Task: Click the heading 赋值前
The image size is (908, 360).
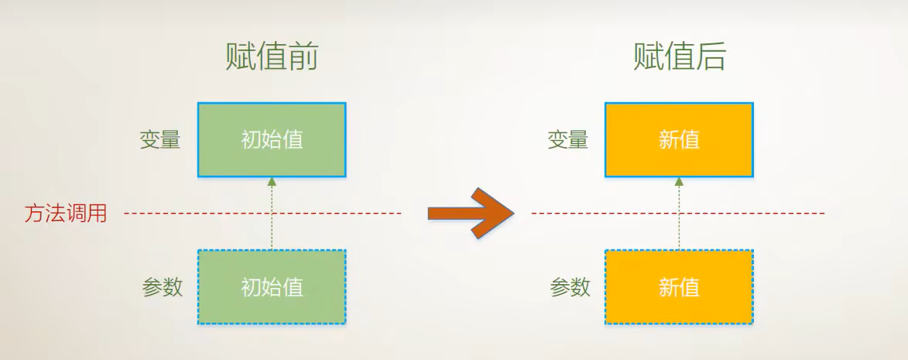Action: click(272, 57)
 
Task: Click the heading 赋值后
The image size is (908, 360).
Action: click(679, 57)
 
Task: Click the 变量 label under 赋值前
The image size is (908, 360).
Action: click(160, 140)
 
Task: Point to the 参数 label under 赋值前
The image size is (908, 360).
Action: click(163, 287)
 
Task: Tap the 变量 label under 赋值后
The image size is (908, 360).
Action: click(567, 140)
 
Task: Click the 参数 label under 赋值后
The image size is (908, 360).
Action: click(570, 287)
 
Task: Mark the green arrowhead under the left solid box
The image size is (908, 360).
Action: click(272, 181)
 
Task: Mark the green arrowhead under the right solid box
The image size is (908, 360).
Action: click(679, 181)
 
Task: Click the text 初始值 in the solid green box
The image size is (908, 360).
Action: click(272, 140)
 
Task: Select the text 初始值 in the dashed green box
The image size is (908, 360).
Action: click(272, 287)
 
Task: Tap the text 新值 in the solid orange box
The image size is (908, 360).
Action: click(679, 140)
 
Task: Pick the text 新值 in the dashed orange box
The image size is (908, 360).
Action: click(679, 287)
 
